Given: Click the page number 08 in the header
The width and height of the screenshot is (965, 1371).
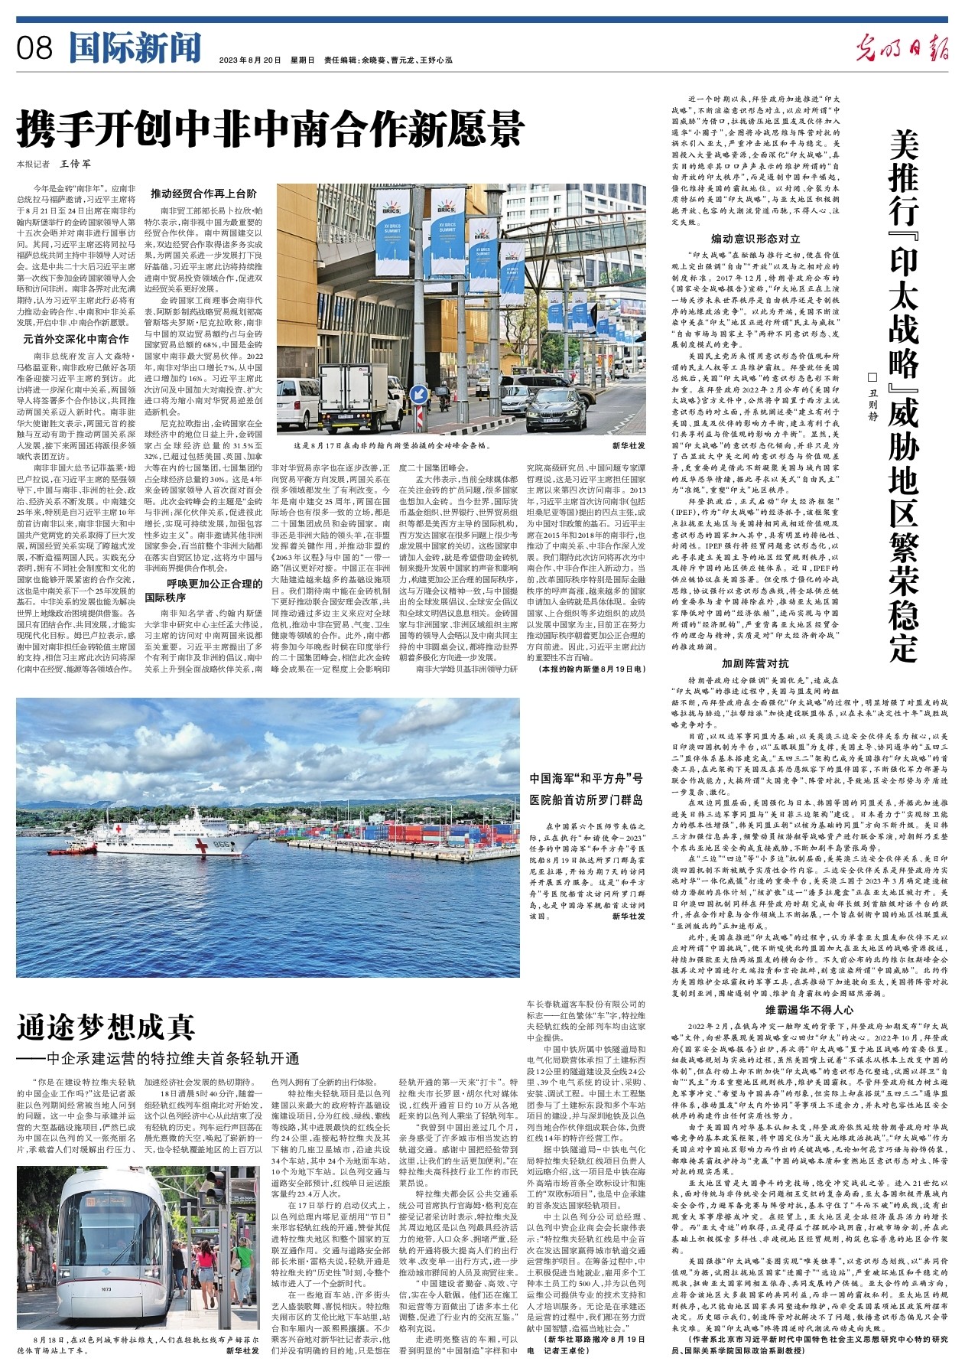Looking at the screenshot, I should (34, 49).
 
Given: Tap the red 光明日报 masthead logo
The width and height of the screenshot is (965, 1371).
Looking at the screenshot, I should (902, 49).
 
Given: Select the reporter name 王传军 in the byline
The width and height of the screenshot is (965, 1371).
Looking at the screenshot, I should (75, 164).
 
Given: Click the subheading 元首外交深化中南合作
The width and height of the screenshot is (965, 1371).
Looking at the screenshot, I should (76, 339).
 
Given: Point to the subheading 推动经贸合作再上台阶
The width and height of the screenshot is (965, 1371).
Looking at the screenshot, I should (203, 194).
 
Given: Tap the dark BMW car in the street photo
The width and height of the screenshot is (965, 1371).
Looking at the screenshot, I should (556, 409).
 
